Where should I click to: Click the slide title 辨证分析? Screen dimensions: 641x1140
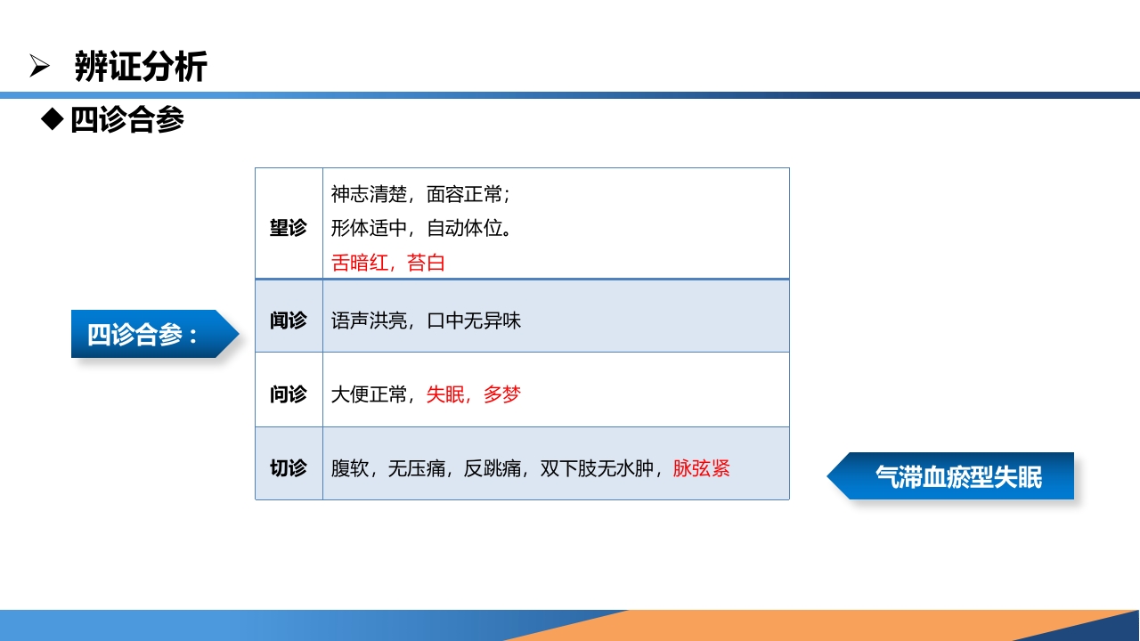[x=141, y=67]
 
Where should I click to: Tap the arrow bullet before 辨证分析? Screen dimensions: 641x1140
[x=39, y=66]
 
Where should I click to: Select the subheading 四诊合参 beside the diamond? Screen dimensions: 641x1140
[x=127, y=119]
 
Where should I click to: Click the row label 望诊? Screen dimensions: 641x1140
[x=288, y=228]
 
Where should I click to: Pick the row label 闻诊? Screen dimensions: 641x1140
[x=288, y=320]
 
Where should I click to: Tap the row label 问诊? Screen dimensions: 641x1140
[x=288, y=394]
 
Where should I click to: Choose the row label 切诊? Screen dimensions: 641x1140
[x=288, y=467]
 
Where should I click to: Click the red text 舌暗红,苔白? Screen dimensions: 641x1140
[x=387, y=263]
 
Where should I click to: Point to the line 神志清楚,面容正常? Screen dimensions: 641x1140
[x=419, y=194]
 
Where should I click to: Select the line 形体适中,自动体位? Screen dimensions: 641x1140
[x=420, y=228]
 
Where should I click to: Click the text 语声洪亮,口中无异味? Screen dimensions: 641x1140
[x=426, y=320]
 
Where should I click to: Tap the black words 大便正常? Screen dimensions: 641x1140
[x=369, y=394]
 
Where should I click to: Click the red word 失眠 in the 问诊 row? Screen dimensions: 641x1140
[x=445, y=394]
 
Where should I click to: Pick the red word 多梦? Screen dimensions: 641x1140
[x=502, y=394]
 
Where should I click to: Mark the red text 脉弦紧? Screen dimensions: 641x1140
[x=701, y=468]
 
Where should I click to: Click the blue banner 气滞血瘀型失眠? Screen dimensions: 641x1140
[x=957, y=476]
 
